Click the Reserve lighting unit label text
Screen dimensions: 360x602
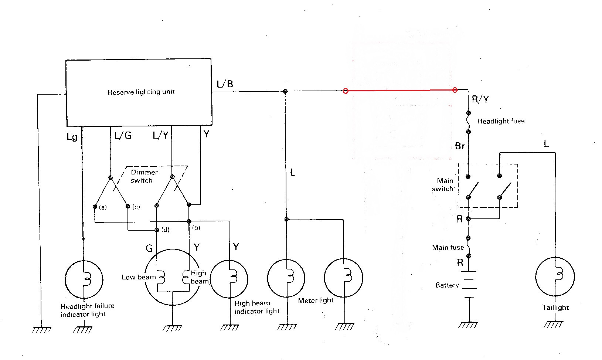tap(141, 92)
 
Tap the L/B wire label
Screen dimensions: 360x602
tap(225, 84)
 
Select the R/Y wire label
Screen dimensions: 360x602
tap(480, 99)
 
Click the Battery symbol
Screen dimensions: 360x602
tap(469, 284)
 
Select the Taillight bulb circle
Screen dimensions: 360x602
tap(555, 276)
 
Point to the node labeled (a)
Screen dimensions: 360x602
tap(95, 206)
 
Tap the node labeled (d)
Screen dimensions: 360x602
tap(157, 230)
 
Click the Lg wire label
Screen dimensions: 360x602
tap(72, 137)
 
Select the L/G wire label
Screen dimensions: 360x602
tap(123, 136)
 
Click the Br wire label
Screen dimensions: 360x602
tap(460, 146)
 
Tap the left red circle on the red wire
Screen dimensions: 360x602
tap(346, 91)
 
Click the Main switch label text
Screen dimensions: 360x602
tap(443, 184)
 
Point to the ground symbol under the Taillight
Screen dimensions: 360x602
tap(553, 325)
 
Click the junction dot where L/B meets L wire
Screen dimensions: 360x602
tap(285, 91)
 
